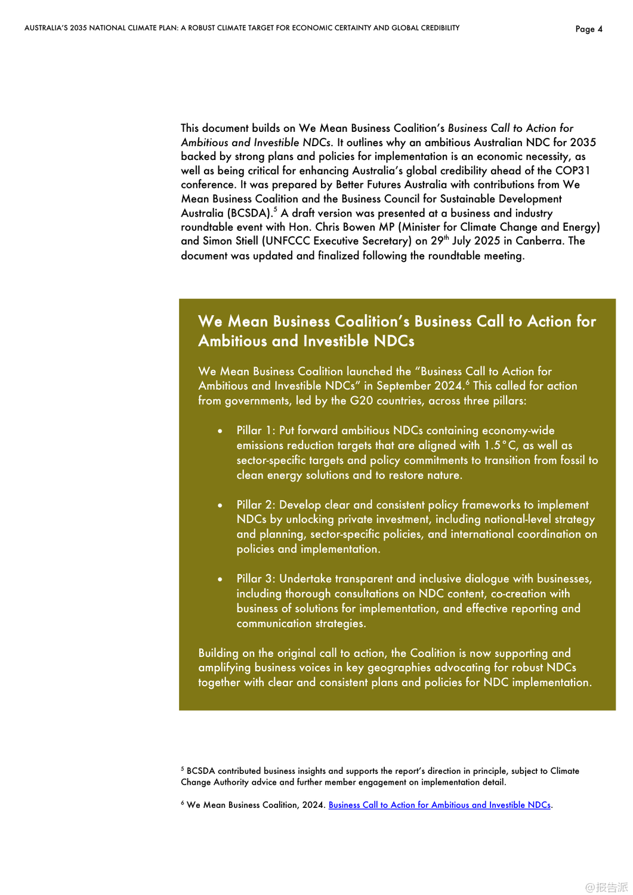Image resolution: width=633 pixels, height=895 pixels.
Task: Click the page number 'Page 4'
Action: (589, 29)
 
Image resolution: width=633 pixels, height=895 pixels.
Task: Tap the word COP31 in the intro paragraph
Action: (573, 171)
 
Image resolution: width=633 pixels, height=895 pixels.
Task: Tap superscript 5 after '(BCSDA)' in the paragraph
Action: (275, 210)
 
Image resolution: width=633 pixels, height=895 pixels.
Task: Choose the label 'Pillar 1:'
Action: (256, 431)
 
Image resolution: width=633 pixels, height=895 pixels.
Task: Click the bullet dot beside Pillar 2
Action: (220, 505)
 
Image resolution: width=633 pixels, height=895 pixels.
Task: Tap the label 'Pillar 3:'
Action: (256, 579)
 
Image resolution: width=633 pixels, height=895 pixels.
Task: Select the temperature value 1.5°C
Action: (500, 446)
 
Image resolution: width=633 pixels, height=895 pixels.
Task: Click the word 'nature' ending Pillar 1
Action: (444, 476)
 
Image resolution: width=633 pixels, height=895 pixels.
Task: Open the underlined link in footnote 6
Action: (439, 805)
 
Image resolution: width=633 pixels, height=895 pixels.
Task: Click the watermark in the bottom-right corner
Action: (607, 887)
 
